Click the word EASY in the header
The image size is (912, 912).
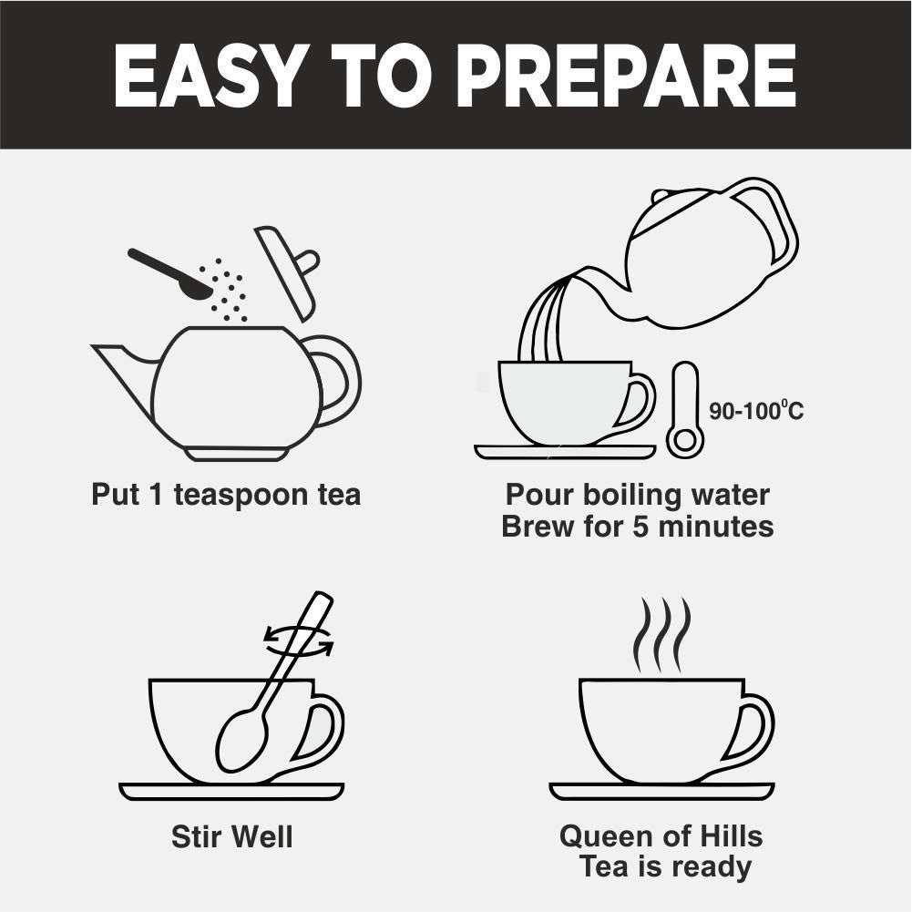tap(208, 75)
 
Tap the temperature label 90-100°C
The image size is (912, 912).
tap(756, 412)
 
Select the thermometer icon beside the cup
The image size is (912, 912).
tap(685, 412)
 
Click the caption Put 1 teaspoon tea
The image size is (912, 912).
tap(226, 495)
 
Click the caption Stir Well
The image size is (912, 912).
tap(232, 836)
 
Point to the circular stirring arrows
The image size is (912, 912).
tap(298, 640)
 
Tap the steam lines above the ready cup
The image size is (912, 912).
tap(662, 634)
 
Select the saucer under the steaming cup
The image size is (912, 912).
tap(661, 791)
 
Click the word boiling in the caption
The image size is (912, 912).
tap(636, 495)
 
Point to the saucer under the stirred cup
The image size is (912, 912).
tap(232, 791)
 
